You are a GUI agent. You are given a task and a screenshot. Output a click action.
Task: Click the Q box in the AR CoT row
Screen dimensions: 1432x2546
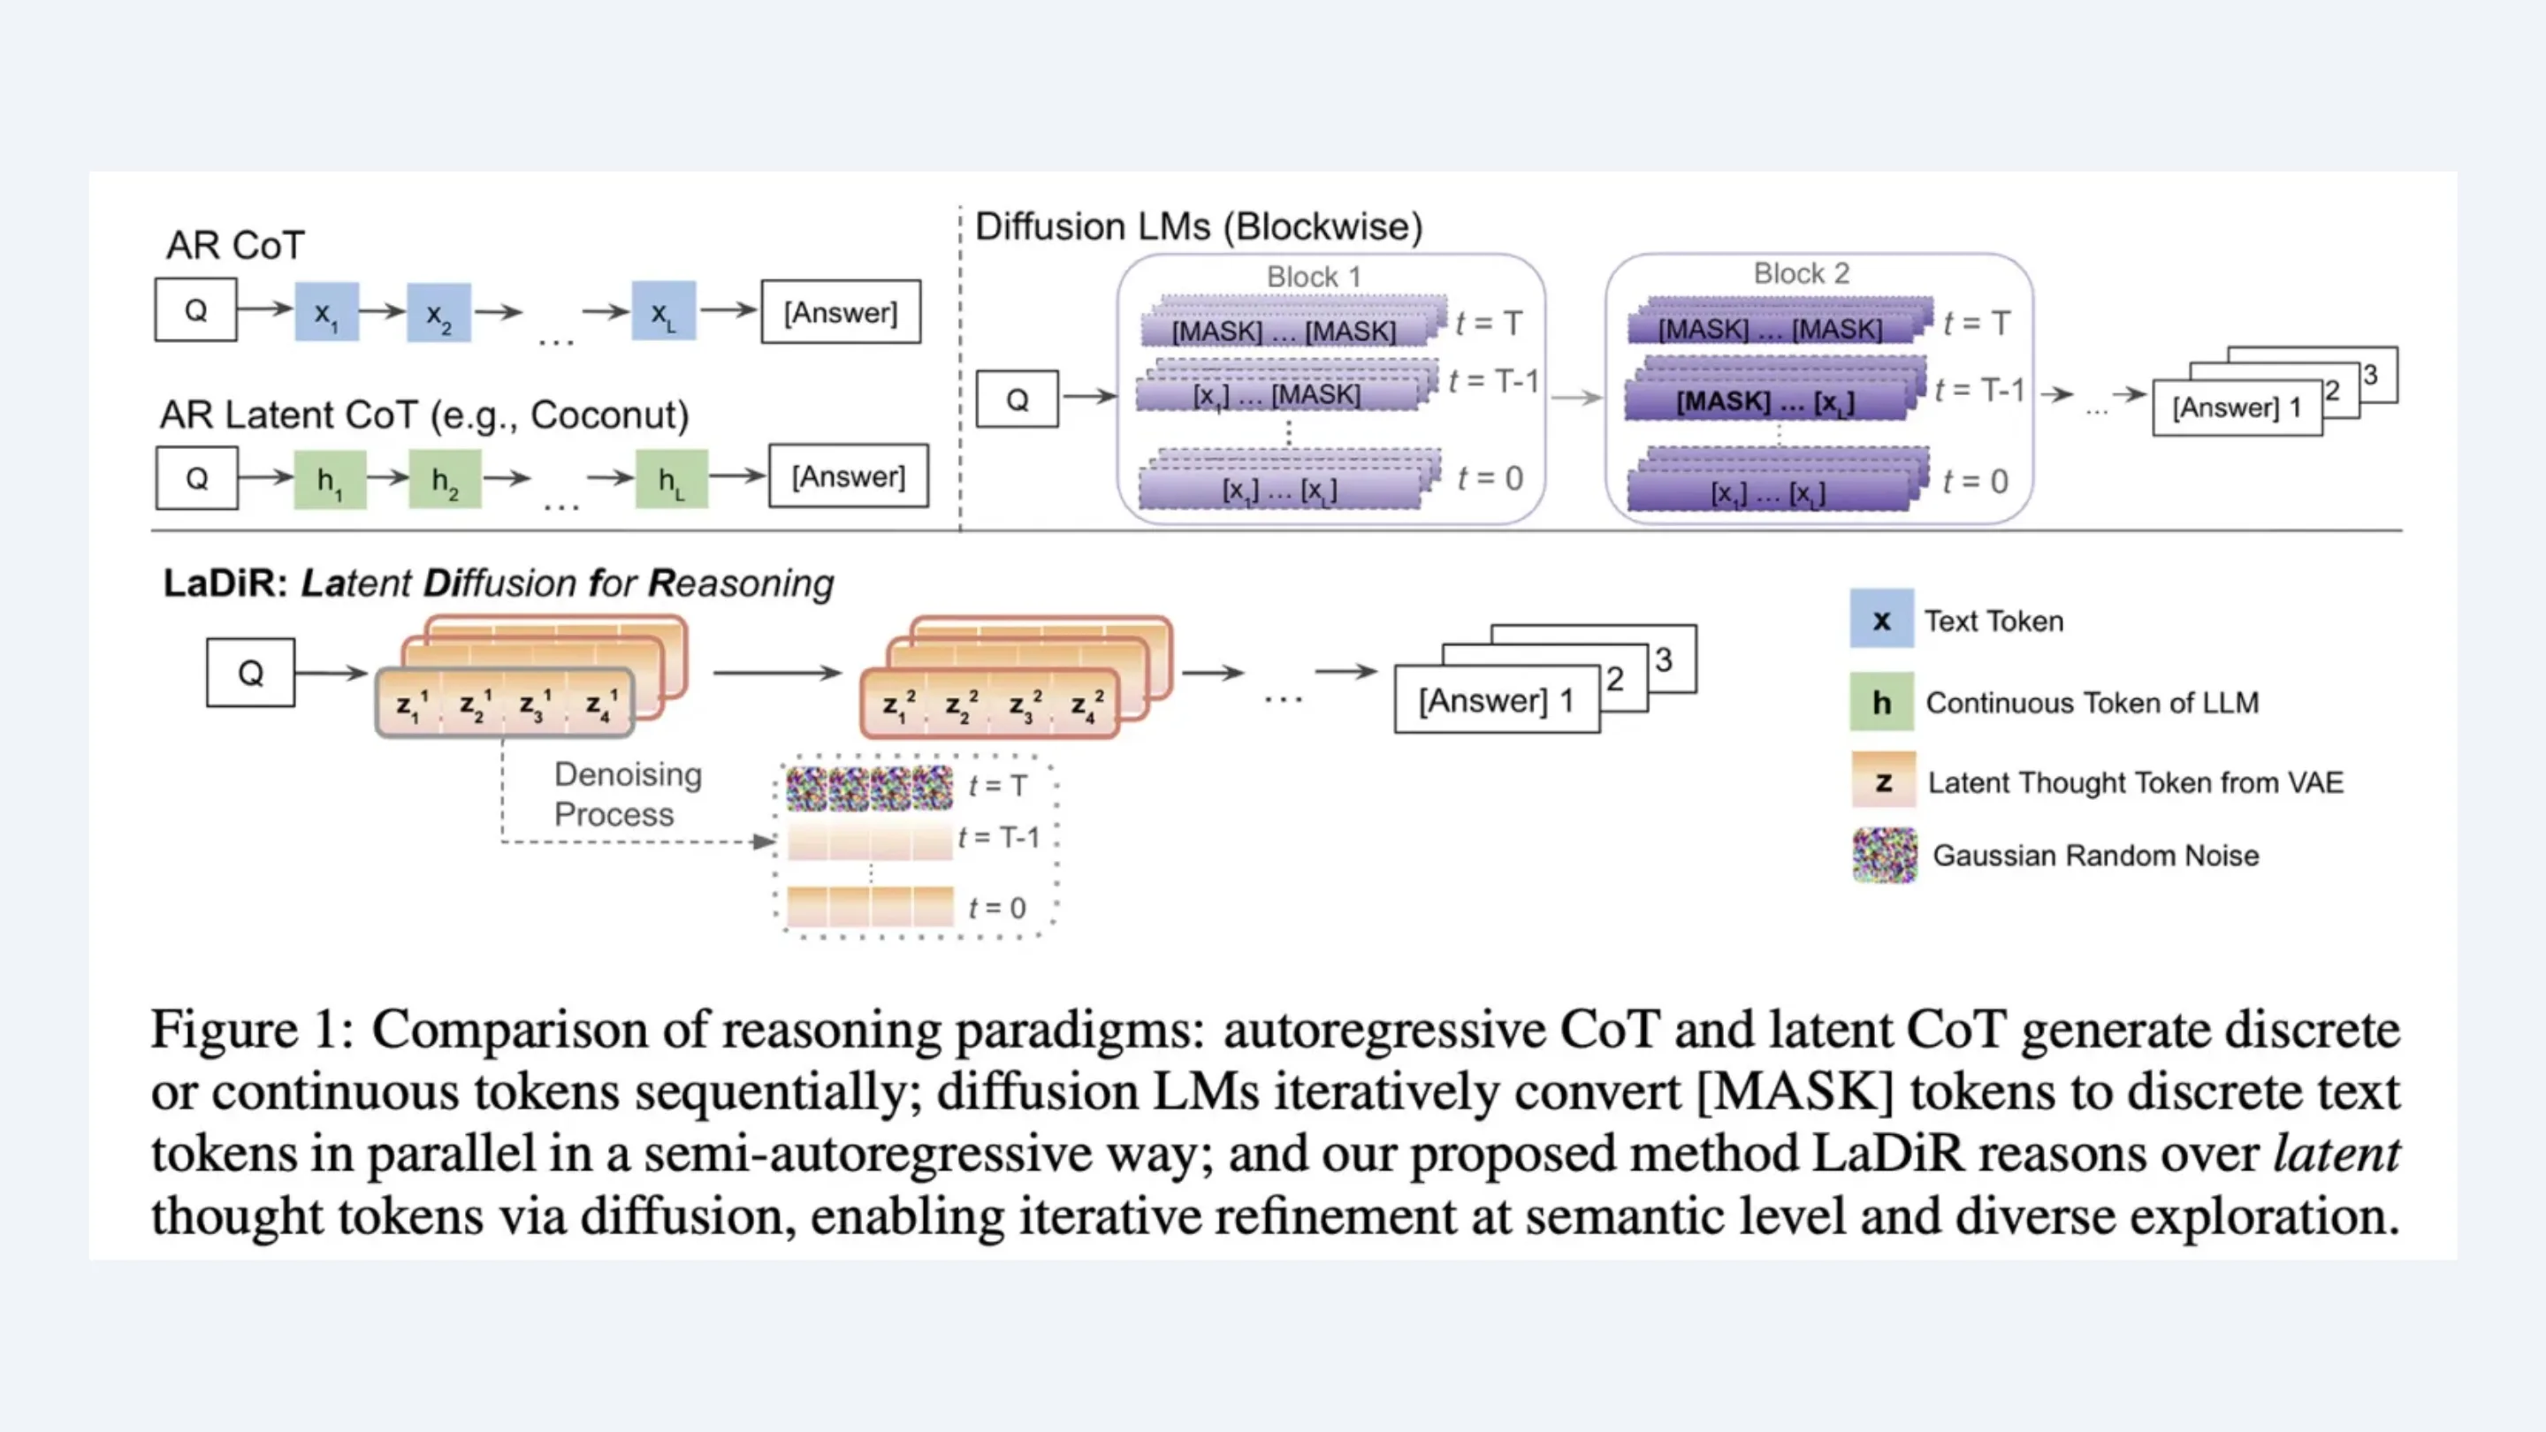pyautogui.click(x=195, y=310)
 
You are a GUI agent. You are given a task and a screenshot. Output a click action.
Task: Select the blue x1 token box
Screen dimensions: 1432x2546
pyautogui.click(x=326, y=312)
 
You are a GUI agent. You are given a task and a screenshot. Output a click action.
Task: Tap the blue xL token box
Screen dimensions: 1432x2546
pyautogui.click(x=663, y=312)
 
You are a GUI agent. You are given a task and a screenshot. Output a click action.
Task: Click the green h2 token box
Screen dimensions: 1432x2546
pyautogui.click(x=445, y=479)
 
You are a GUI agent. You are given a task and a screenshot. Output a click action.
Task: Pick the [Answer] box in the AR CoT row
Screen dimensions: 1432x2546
pyautogui.click(x=840, y=312)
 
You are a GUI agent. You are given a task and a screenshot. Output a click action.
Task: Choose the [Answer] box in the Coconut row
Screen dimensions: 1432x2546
pyautogui.click(x=848, y=476)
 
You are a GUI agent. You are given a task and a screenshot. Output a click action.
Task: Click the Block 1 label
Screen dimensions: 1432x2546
pyautogui.click(x=1314, y=277)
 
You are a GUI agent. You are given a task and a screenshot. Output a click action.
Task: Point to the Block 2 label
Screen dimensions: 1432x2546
pyautogui.click(x=1801, y=273)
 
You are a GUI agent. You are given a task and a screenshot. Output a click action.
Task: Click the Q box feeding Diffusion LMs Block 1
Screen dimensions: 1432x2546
pyautogui.click(x=1017, y=400)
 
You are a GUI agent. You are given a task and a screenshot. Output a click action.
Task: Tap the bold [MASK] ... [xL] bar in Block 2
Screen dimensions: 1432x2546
pyautogui.click(x=1765, y=401)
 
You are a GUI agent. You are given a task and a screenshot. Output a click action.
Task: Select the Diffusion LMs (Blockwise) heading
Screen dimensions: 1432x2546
pyautogui.click(x=1199, y=226)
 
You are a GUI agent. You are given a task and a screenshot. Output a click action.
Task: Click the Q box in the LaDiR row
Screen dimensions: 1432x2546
pyautogui.click(x=250, y=673)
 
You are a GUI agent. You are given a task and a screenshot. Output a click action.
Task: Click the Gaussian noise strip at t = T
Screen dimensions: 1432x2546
pyautogui.click(x=870, y=788)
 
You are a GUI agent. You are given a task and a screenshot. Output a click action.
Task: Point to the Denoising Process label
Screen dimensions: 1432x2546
pyautogui.click(x=627, y=794)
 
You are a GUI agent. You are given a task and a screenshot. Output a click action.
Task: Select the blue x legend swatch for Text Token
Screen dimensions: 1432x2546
pyautogui.click(x=1881, y=620)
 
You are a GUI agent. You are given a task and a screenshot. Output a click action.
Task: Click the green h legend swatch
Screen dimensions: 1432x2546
pyautogui.click(x=1881, y=702)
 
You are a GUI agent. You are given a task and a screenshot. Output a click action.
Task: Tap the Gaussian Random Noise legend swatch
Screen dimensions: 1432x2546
pyautogui.click(x=1884, y=855)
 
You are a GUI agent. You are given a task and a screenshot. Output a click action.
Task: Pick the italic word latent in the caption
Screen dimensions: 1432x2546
pyautogui.click(x=2336, y=1154)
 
